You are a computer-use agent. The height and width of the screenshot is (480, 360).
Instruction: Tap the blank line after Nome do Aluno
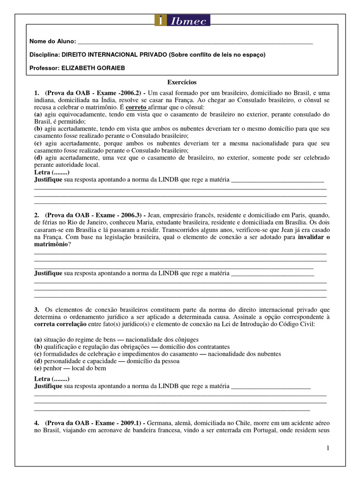(x=195, y=42)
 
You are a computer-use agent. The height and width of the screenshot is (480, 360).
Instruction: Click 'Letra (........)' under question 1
(x=52, y=172)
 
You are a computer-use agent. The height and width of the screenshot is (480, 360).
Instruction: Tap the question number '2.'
(x=37, y=215)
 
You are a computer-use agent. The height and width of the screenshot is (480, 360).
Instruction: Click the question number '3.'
(x=37, y=309)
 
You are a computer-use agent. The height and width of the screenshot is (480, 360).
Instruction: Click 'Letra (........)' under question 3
(x=52, y=379)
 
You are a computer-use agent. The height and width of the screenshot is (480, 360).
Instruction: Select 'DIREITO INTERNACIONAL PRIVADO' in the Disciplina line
(x=112, y=55)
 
